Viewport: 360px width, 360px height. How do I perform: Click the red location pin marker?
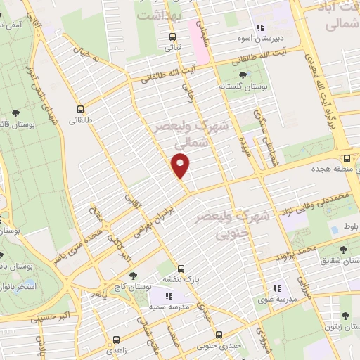point(181,166)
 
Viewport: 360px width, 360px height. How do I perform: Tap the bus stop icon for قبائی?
point(172,37)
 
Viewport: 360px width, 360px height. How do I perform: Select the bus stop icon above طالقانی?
point(80,109)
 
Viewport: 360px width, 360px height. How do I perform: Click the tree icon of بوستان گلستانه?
point(243,74)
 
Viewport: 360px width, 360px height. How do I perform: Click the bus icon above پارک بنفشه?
point(181,269)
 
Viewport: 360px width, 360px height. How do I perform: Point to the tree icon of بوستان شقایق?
point(342,249)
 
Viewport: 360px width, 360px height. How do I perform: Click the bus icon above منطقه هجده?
point(346,157)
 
